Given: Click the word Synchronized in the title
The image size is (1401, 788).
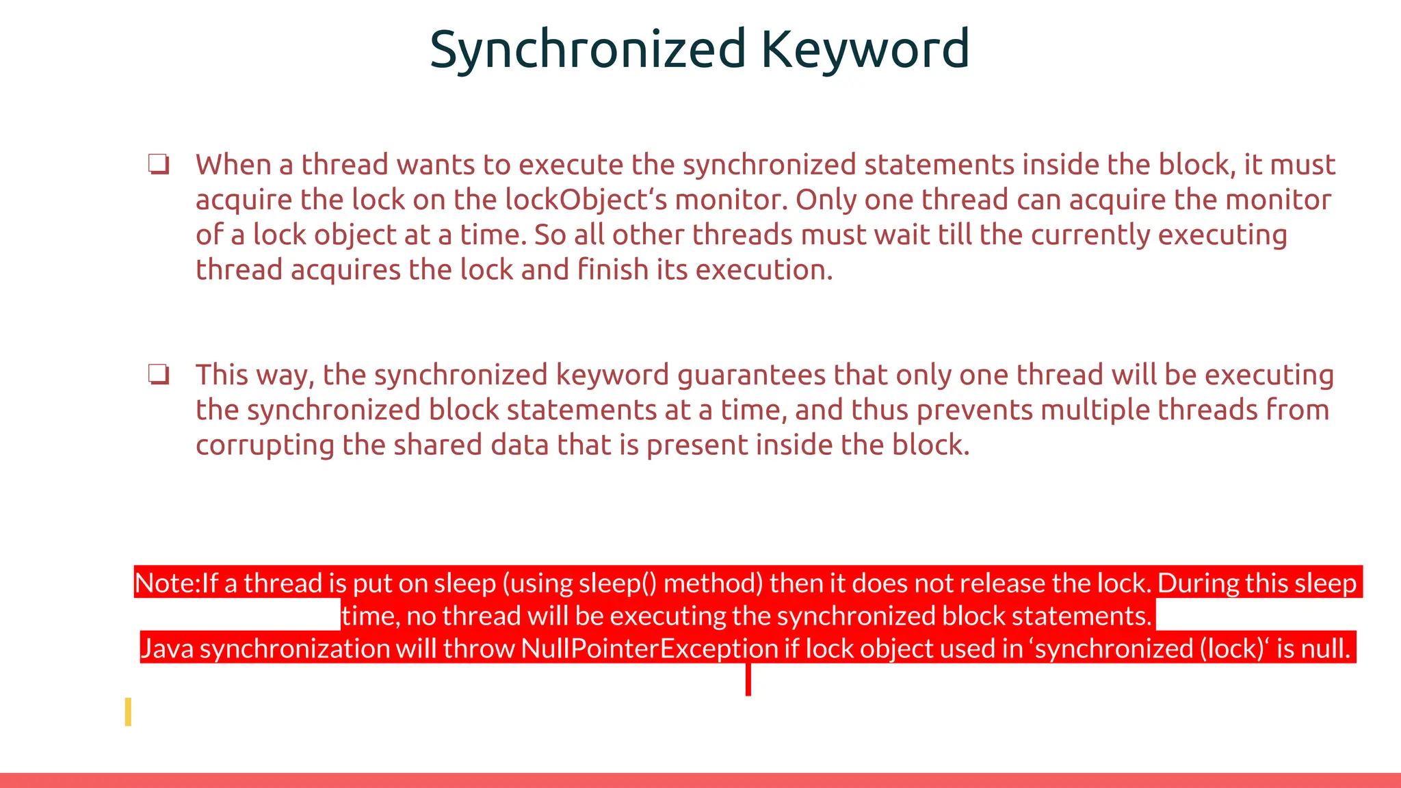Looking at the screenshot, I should click(587, 49).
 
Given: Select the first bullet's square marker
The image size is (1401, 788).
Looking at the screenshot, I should click(159, 165).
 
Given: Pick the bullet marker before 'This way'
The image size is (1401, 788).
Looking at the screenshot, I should click(159, 375).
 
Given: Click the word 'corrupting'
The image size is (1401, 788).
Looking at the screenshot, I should click(265, 445).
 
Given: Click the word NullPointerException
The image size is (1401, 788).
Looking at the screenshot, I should click(649, 648).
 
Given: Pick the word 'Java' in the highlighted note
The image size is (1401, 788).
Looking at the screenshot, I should click(167, 648).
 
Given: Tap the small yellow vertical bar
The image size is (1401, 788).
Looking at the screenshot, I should click(128, 712).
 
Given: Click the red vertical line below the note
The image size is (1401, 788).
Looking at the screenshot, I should click(748, 680).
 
